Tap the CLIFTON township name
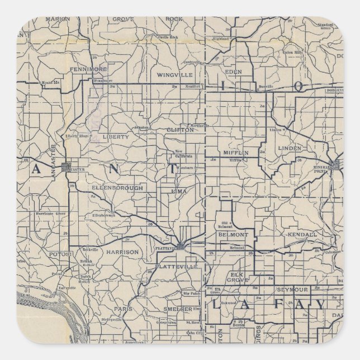pyautogui.click(x=180, y=130)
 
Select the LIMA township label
pyautogui.click(x=180, y=191)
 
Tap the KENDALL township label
pyautogui.click(x=302, y=234)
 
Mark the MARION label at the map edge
pyautogui.click(x=58, y=19)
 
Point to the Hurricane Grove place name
pyautogui.click(x=53, y=214)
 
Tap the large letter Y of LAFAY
pyautogui.click(x=318, y=305)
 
